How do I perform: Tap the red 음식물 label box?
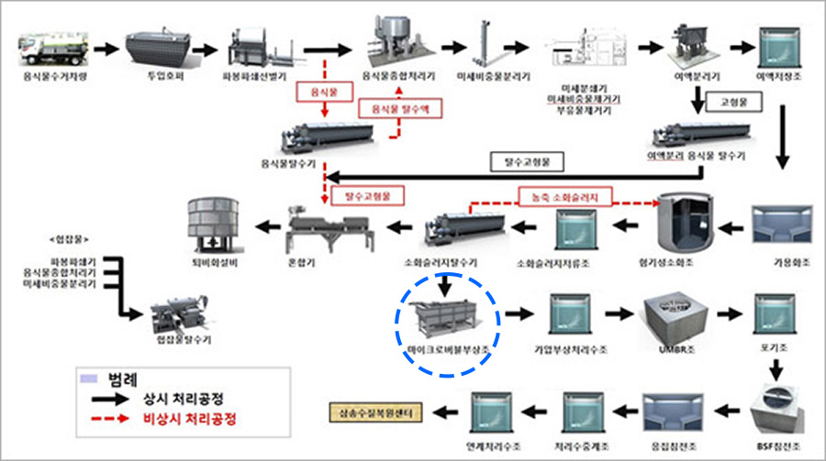(x=323, y=93)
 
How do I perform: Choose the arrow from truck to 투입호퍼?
(x=103, y=45)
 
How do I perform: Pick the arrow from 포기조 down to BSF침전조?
(x=774, y=368)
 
